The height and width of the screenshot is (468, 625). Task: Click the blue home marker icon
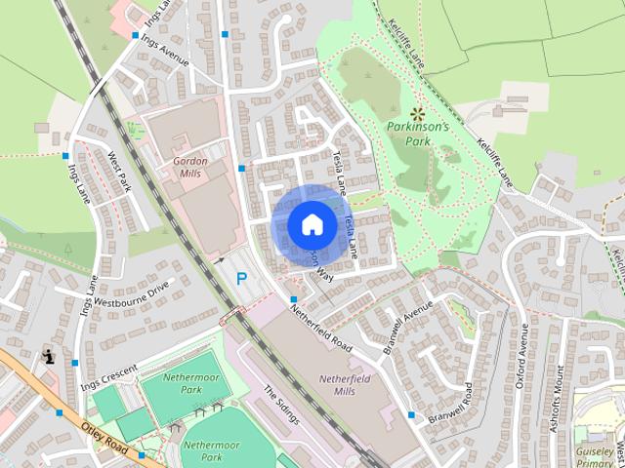tap(311, 224)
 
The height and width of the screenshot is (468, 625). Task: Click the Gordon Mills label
tap(190, 166)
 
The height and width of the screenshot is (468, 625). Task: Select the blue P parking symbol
tap(240, 279)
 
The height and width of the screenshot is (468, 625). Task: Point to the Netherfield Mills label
tap(347, 383)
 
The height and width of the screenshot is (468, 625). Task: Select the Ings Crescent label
tap(107, 371)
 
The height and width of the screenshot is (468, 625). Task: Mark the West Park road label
tap(119, 170)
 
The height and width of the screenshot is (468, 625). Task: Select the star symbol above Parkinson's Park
tap(418, 113)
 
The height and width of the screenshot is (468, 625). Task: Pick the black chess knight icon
tap(49, 357)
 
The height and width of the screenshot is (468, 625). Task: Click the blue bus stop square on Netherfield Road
tap(293, 298)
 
